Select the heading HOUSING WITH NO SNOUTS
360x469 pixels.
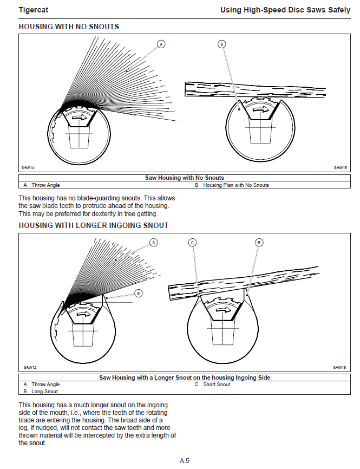69,27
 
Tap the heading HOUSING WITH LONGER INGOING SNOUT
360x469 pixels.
93,225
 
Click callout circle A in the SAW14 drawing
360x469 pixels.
161,44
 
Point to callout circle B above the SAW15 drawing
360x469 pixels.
221,44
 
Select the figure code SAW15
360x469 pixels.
340,167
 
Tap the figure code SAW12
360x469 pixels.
30,367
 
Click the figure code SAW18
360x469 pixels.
340,367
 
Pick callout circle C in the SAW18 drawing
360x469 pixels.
192,242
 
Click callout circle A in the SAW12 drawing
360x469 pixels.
154,242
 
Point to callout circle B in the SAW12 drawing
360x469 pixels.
138,293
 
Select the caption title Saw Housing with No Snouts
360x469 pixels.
184,178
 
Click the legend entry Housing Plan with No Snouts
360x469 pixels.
235,185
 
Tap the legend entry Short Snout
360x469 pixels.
217,385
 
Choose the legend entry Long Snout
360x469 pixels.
44,391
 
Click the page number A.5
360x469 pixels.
185,461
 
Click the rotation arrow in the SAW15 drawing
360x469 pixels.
261,109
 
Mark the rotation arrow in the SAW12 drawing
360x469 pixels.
83,314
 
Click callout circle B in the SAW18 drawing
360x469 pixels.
259,242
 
